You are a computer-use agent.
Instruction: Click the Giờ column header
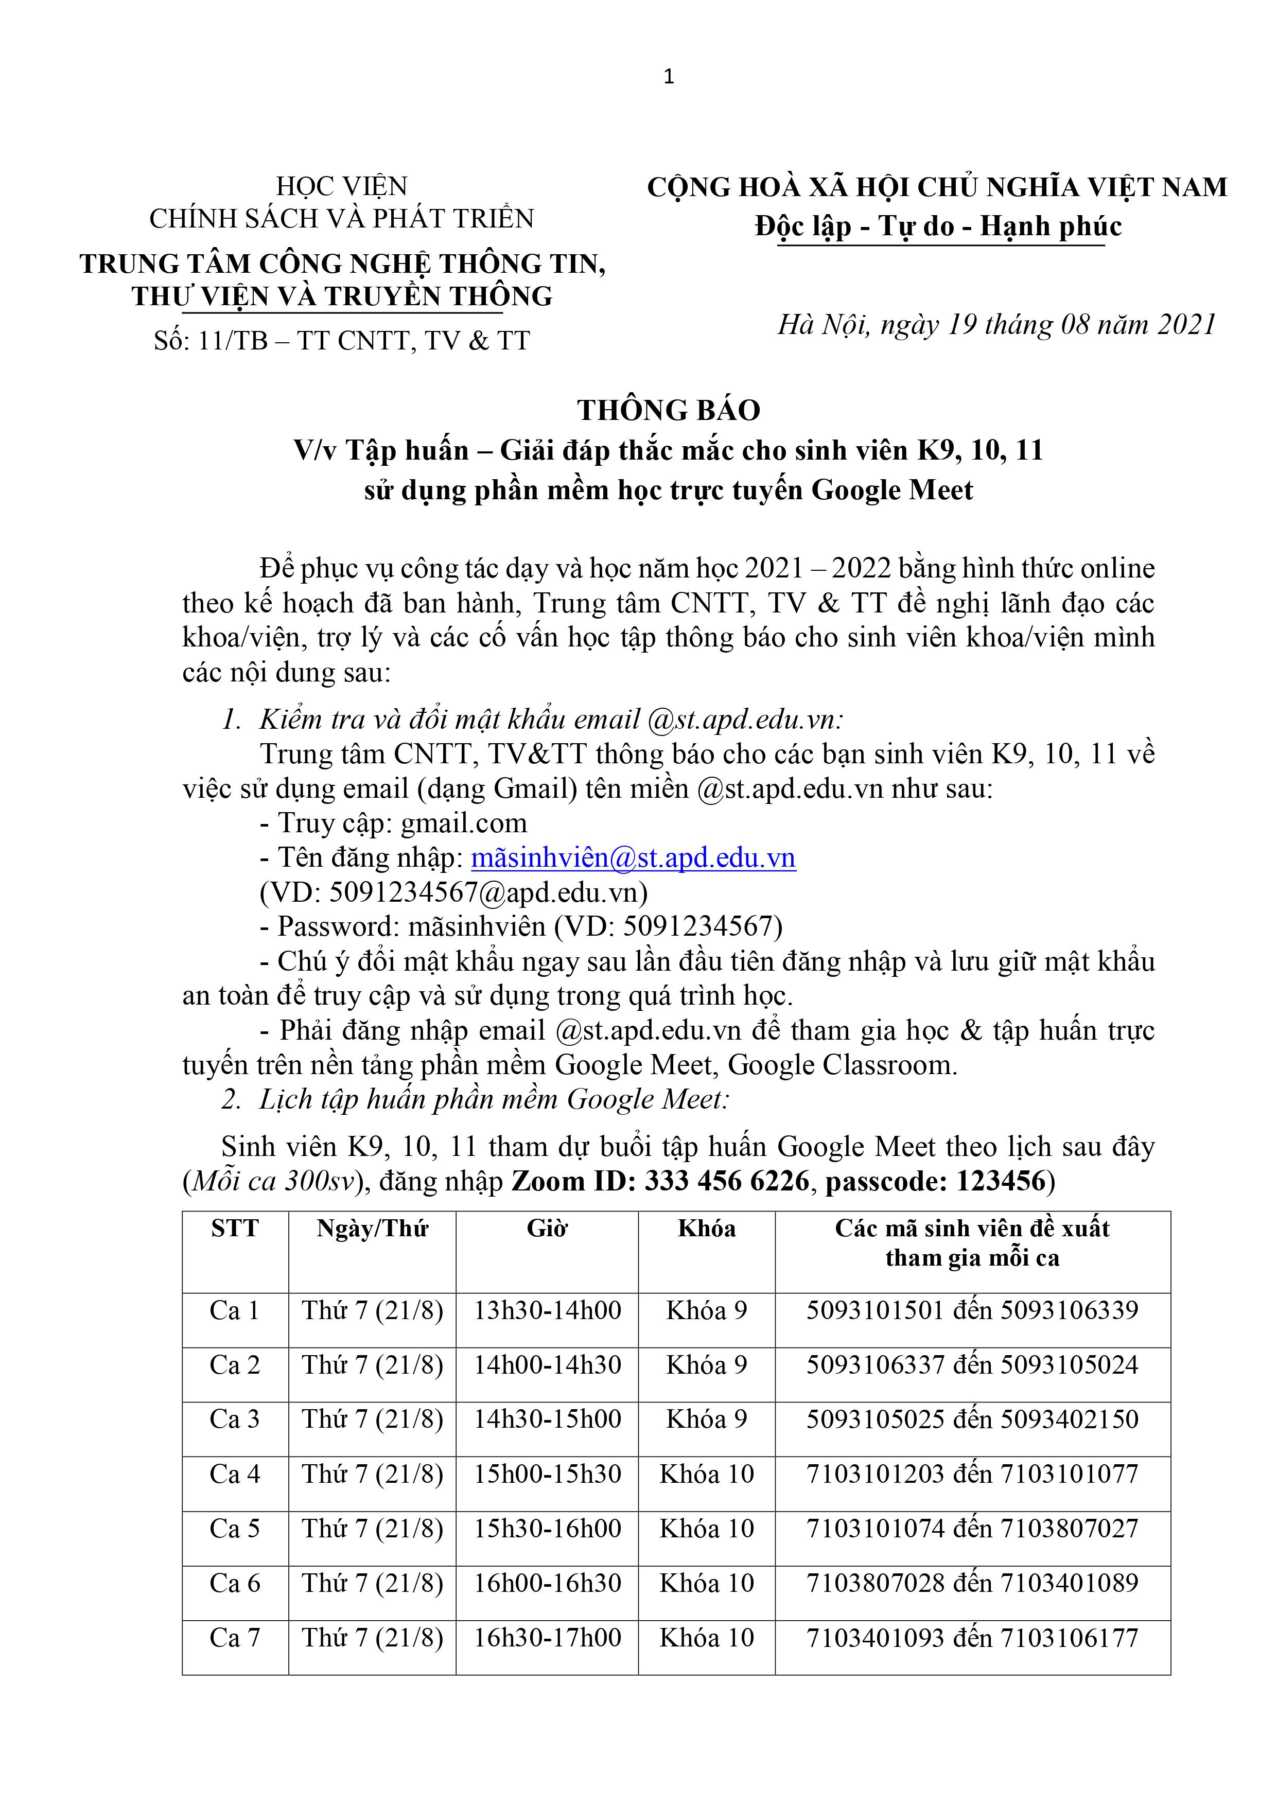pos(547,1229)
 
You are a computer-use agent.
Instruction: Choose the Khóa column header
pos(707,1229)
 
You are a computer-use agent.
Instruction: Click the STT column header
pos(235,1229)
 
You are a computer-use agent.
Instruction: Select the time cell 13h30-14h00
pos(547,1310)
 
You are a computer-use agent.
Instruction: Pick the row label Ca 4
pos(235,1474)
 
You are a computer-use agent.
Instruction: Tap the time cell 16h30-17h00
pos(547,1638)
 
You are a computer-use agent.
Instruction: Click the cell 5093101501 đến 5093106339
pos(972,1310)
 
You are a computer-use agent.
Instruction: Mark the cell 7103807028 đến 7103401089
pos(972,1583)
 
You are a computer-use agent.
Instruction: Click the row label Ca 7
pos(235,1638)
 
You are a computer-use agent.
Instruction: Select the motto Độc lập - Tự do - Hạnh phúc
pos(938,226)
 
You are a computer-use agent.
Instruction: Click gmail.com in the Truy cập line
pos(463,823)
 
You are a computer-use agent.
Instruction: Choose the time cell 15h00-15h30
pos(547,1474)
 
